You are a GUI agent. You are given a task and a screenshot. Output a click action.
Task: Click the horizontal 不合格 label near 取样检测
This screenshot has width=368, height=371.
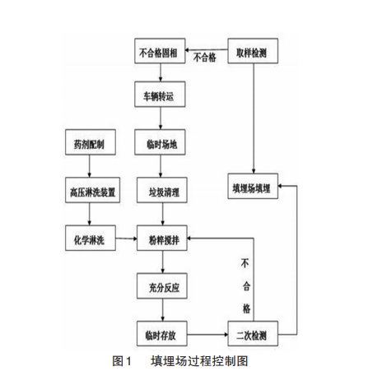point(205,58)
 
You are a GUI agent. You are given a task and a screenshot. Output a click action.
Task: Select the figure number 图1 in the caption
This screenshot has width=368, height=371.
point(121,359)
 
